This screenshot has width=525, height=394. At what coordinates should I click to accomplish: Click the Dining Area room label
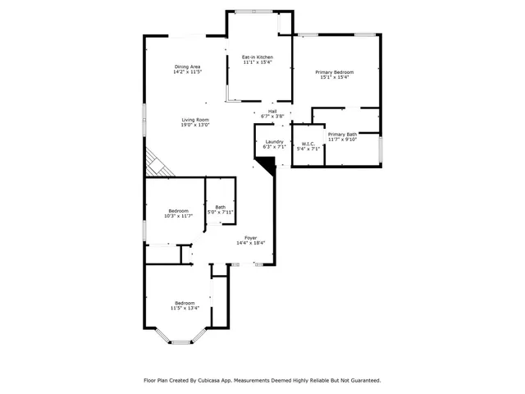[x=187, y=66]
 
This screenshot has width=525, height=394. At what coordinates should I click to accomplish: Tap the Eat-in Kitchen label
[x=257, y=57]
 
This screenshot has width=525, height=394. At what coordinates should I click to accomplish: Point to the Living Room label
[x=195, y=120]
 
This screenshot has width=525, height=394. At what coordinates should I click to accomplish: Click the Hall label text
[x=272, y=112]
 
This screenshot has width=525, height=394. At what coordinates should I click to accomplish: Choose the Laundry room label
[x=274, y=142]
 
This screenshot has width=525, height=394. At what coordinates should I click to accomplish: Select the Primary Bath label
[x=342, y=134]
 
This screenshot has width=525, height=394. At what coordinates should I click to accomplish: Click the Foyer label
[x=251, y=238]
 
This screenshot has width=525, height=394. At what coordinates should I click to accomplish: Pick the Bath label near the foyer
[x=220, y=207]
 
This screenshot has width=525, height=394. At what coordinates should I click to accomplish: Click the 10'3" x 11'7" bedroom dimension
[x=179, y=216]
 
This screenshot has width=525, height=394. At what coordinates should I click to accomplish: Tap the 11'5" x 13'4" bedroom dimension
[x=185, y=308]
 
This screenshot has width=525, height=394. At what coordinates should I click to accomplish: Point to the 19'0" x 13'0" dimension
[x=195, y=125]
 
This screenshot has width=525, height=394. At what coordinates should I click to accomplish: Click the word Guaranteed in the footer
[x=363, y=380]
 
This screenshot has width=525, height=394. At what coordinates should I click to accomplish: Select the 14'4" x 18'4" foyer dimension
[x=251, y=243]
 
